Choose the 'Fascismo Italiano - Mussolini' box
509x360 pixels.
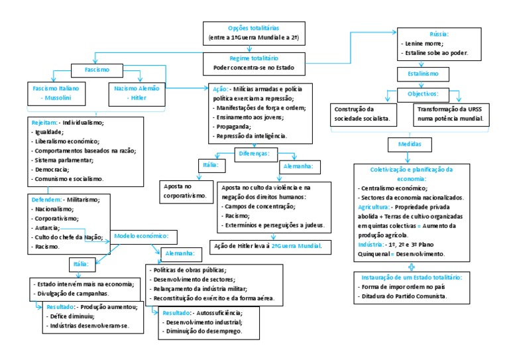tap(56, 92)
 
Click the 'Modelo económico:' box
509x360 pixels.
tap(142, 236)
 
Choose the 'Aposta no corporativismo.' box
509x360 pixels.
tap(186, 191)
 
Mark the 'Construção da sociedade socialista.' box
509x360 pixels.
tap(363, 114)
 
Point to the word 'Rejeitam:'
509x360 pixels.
tap(44, 123)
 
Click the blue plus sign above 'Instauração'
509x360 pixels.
tap(412, 266)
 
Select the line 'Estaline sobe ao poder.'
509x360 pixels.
tap(436, 52)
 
